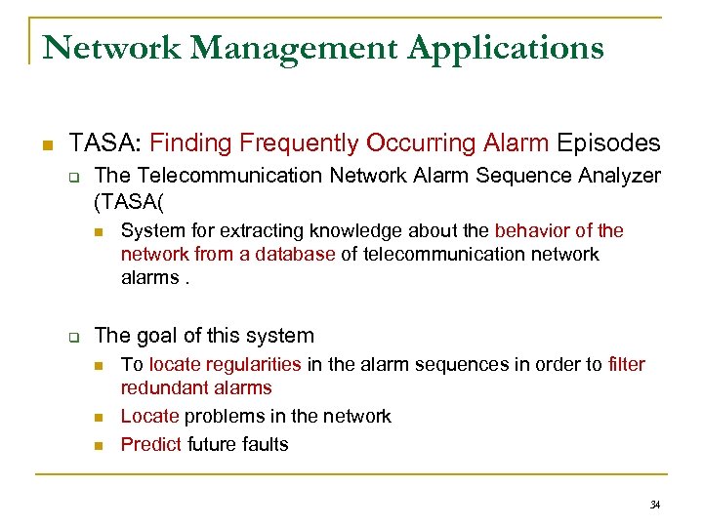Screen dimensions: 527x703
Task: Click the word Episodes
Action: click(x=608, y=143)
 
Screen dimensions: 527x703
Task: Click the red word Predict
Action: click(x=151, y=444)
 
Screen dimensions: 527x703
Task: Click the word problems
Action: click(x=231, y=417)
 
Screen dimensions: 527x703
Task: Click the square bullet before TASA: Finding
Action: click(x=45, y=145)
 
